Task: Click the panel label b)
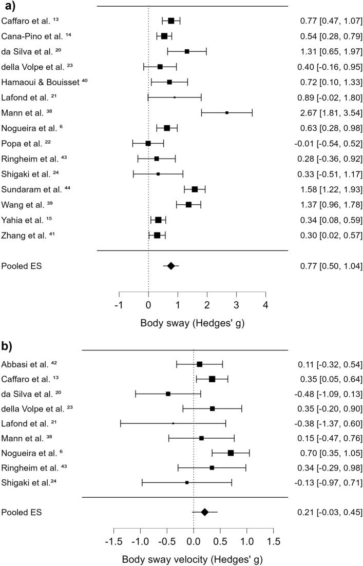tap(8, 340)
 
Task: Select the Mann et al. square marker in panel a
tap(226, 112)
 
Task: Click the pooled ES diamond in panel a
tap(171, 266)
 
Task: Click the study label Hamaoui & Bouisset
tap(48, 82)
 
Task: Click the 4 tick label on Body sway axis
tap(265, 306)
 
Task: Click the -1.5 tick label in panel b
tap(113, 542)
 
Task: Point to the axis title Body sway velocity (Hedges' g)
tap(193, 559)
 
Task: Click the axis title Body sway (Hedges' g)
tap(192, 324)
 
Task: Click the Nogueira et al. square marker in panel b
tap(231, 453)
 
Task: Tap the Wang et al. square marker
tap(188, 204)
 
